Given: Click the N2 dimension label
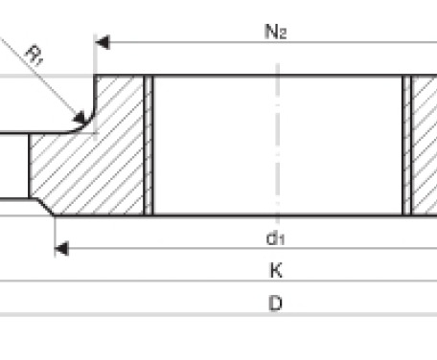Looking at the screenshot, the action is [276, 32].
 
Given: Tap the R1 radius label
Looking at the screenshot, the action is [34, 56].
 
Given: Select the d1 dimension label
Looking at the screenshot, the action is [275, 238].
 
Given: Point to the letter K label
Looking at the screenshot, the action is [276, 270].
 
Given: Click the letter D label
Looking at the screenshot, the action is [276, 303].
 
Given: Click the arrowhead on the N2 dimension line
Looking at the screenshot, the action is [103, 42].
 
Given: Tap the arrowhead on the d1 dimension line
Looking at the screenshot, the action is [62, 249].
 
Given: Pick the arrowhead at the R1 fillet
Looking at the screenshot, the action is [80, 118].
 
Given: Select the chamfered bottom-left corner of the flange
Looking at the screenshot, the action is [46, 208].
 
